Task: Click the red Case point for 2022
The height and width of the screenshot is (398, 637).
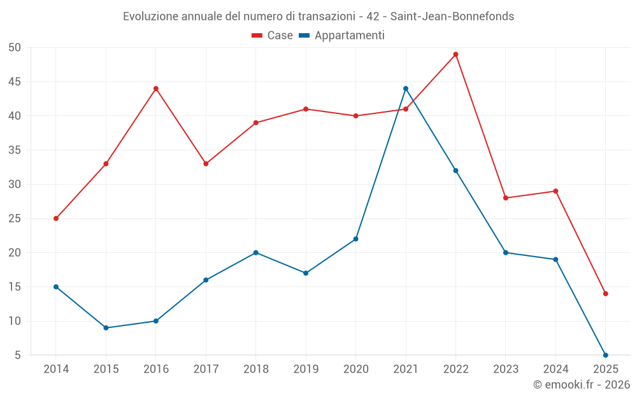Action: (x=455, y=54)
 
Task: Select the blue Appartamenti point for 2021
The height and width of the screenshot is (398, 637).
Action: (x=406, y=89)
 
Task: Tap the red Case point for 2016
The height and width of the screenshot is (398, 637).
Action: (x=155, y=89)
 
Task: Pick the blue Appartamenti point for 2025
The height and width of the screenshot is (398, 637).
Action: (x=606, y=355)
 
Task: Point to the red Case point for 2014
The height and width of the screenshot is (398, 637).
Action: (x=56, y=218)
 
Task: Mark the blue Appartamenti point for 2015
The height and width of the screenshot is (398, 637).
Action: (x=106, y=328)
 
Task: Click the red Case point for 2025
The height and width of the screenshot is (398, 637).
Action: (x=606, y=294)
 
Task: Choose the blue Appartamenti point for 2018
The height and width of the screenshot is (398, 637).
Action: (x=255, y=253)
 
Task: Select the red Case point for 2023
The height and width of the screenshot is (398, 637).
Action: (x=506, y=198)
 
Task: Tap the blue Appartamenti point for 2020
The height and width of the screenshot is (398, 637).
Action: (x=356, y=239)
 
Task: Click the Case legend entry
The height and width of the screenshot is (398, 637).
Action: (x=273, y=36)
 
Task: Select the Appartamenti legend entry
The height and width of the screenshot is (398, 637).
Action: (x=342, y=36)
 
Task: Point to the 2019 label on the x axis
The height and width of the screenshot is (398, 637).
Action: (x=306, y=369)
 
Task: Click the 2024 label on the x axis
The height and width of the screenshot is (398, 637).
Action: (x=555, y=369)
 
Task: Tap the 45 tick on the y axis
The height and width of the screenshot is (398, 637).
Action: (x=15, y=82)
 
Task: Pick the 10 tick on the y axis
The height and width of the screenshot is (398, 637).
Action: (x=15, y=321)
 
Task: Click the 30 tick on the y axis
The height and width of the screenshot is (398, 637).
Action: (x=15, y=184)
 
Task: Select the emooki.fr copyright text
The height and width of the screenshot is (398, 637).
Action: (x=582, y=385)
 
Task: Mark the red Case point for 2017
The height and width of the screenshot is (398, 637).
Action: (x=206, y=164)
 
